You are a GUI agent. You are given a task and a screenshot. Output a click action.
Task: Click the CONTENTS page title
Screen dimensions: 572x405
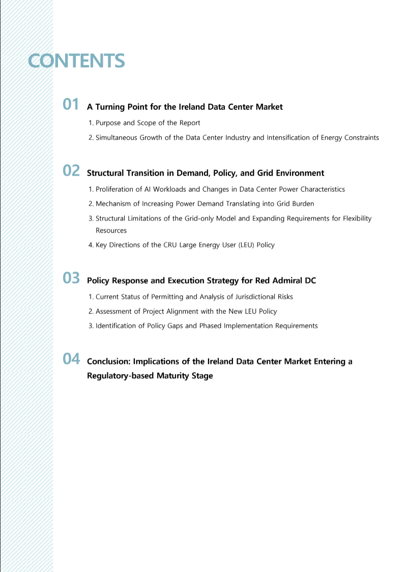tap(76, 61)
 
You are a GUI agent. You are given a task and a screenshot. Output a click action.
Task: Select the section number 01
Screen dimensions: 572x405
tap(71, 105)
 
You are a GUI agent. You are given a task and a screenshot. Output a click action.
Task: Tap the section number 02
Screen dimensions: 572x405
tap(71, 171)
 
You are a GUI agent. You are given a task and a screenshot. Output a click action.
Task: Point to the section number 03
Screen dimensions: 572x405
tap(71, 278)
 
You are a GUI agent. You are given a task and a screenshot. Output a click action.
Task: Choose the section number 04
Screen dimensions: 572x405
tap(71, 359)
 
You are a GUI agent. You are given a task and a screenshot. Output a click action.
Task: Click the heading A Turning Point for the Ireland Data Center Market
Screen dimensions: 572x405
tap(185, 107)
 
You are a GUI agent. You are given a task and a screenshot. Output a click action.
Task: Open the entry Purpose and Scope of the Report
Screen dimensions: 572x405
tap(148, 123)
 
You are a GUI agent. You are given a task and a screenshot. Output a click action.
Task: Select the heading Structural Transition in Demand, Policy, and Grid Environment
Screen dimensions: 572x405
tap(206, 173)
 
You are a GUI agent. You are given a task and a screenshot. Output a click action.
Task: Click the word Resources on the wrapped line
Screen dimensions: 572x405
tap(111, 231)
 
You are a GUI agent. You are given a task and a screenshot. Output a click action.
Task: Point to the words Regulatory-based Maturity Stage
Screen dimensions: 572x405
tap(150, 376)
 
